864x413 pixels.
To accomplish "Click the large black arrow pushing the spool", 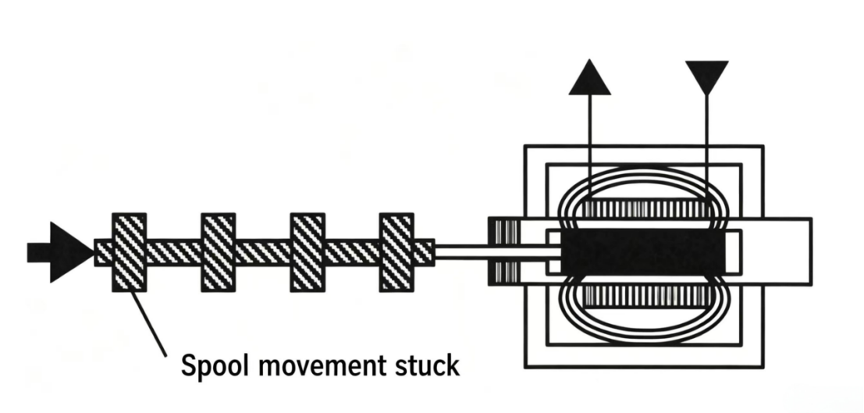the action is point(61,252).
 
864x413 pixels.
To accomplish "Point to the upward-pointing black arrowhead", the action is point(589,77).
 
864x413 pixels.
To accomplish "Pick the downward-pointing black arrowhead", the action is point(707,77).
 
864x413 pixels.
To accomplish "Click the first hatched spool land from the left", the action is point(130,252).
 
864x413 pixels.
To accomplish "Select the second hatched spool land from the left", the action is point(219,252).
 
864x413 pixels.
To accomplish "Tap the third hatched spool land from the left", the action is point(308,252).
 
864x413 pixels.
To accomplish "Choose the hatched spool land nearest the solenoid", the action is point(396,252).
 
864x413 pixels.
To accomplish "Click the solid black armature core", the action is point(643,251).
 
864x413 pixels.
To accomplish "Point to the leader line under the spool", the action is point(148,324).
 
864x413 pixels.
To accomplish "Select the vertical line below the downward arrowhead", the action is point(707,148).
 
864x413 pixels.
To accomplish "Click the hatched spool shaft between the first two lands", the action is point(174,252).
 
